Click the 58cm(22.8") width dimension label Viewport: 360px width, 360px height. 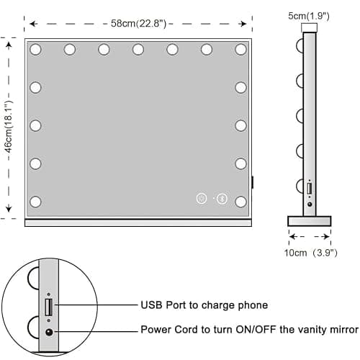[x=138, y=24]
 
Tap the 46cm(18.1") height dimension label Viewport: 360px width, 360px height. [x=9, y=127]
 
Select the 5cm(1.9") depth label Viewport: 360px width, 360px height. [x=309, y=16]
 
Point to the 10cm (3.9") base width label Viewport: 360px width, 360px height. [x=311, y=253]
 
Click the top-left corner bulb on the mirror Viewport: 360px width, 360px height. [x=35, y=50]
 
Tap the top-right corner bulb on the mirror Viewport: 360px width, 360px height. [x=240, y=50]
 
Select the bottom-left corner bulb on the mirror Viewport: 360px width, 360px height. [x=35, y=202]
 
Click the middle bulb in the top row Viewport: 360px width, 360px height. [x=138, y=50]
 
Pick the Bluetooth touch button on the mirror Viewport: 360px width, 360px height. [x=222, y=199]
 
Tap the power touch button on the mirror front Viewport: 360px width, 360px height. [x=202, y=199]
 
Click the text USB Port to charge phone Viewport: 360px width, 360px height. [x=204, y=305]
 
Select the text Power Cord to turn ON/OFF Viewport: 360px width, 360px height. [x=208, y=330]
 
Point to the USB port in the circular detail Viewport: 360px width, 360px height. [x=49, y=307]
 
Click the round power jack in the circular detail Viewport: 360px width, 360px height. [x=49, y=332]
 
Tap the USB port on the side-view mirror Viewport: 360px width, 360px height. [x=310, y=189]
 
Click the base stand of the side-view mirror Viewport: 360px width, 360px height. [x=310, y=221]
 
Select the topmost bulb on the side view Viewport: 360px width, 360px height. [x=300, y=45]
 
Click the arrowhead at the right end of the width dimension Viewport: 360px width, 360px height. [x=243, y=24]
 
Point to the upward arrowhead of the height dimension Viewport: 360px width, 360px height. [x=9, y=46]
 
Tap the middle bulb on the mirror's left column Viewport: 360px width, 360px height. [x=35, y=125]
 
